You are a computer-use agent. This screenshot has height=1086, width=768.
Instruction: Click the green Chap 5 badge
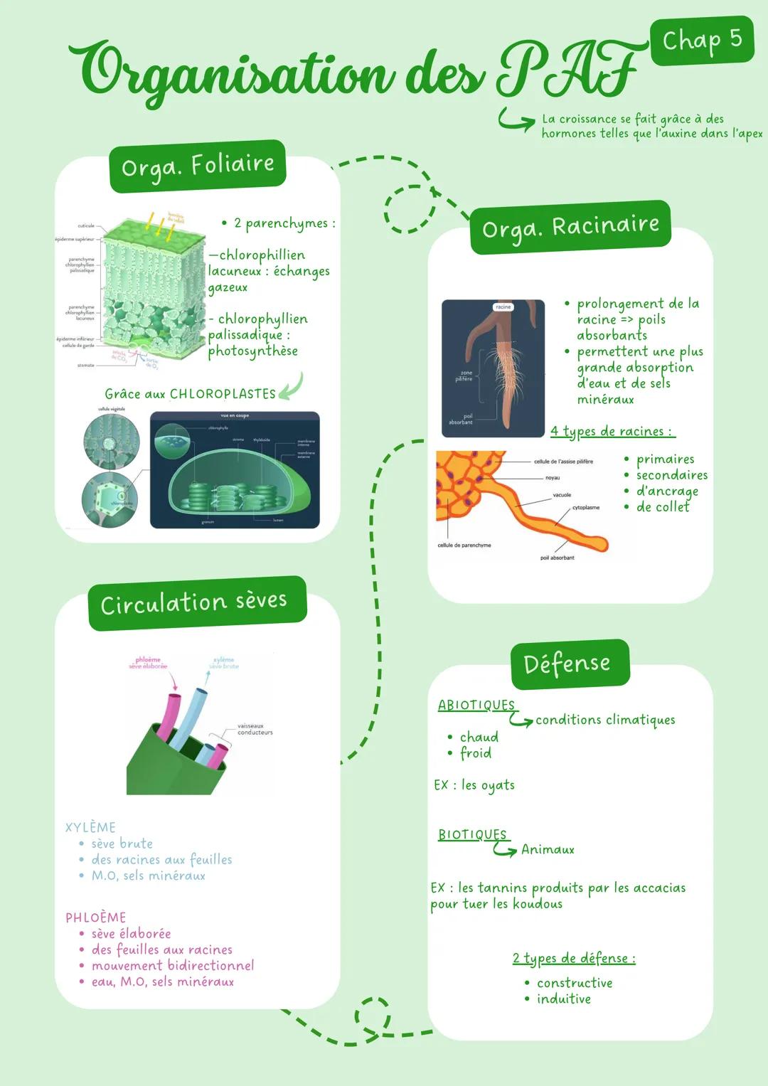pyautogui.click(x=702, y=40)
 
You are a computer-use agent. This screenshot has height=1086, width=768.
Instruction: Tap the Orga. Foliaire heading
pyautogui.click(x=198, y=166)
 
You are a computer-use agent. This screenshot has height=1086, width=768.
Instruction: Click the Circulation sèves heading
pyautogui.click(x=194, y=602)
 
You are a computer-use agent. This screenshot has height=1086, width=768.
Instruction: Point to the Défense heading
pyautogui.click(x=567, y=664)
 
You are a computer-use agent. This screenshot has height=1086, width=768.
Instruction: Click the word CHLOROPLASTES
pyautogui.click(x=223, y=394)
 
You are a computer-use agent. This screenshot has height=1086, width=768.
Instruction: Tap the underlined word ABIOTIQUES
pyautogui.click(x=476, y=705)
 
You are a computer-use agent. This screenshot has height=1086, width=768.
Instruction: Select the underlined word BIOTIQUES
pyautogui.click(x=473, y=834)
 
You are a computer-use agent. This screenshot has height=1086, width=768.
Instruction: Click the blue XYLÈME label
pyautogui.click(x=90, y=827)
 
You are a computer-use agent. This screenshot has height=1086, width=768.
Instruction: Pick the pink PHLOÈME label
pyautogui.click(x=96, y=917)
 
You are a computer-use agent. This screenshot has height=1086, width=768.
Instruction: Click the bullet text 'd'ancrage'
pyautogui.click(x=667, y=491)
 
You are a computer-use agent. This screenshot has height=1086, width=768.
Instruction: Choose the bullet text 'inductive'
pyautogui.click(x=564, y=999)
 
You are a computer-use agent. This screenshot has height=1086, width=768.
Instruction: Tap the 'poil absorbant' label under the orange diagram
pyautogui.click(x=558, y=558)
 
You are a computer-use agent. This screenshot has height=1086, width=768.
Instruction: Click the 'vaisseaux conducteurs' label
pyautogui.click(x=255, y=729)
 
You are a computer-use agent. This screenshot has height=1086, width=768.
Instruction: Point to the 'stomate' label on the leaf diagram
pyautogui.click(x=85, y=365)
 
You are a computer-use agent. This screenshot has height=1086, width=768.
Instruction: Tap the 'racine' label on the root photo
pyautogui.click(x=503, y=307)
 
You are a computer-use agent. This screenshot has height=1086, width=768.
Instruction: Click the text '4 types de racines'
pyautogui.click(x=611, y=432)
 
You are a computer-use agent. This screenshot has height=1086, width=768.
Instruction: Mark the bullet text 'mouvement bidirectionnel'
pyautogui.click(x=173, y=965)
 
